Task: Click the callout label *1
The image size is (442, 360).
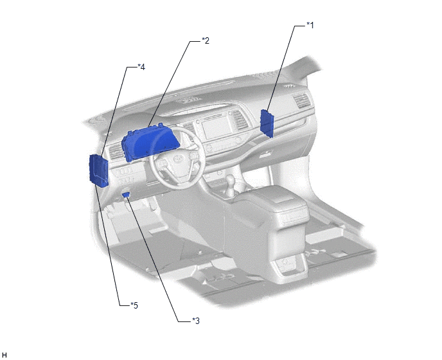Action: [310, 25]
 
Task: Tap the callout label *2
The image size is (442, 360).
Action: [206, 40]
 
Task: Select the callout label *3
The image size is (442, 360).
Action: [196, 321]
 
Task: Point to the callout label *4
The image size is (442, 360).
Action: [141, 67]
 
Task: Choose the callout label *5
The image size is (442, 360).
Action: [134, 305]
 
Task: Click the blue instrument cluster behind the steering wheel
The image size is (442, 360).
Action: [150, 143]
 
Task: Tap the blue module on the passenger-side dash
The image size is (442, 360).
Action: [267, 123]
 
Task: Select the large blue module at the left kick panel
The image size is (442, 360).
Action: [99, 171]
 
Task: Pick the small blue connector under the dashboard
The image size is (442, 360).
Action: [126, 194]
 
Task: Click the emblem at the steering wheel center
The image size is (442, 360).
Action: [178, 159]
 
